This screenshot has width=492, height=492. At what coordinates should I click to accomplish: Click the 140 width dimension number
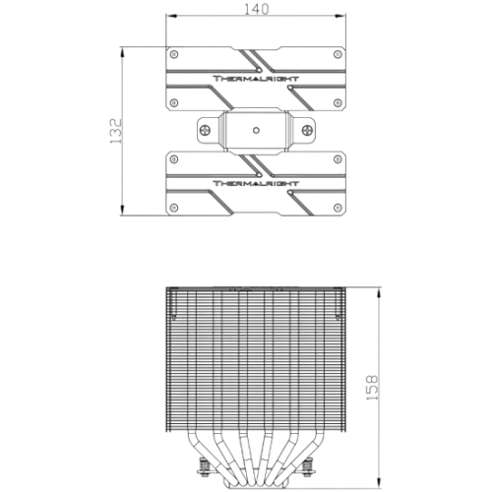[257, 9]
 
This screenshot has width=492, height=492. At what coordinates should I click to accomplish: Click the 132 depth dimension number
[115, 131]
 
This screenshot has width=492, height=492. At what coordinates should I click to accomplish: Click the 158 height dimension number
[372, 388]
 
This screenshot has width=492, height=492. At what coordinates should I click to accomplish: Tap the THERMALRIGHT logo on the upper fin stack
[256, 79]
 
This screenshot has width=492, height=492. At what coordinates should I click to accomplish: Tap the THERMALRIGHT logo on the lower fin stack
[256, 183]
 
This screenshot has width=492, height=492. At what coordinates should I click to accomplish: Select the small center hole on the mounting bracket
[256, 131]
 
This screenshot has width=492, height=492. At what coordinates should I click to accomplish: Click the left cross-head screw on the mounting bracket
[205, 130]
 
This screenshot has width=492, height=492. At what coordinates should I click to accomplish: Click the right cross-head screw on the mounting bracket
[307, 130]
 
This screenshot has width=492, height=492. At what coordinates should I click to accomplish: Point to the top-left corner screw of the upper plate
[174, 54]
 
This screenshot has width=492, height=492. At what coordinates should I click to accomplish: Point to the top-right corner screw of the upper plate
[338, 54]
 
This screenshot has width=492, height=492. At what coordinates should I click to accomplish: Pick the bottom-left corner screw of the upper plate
[174, 102]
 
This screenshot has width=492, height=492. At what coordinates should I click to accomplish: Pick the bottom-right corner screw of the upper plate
[338, 102]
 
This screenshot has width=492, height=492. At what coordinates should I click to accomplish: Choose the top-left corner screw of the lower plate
[174, 159]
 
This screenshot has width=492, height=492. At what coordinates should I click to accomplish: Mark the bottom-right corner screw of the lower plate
[338, 208]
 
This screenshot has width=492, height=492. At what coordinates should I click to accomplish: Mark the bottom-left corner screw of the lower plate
[174, 208]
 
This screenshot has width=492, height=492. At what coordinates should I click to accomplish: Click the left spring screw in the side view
[205, 467]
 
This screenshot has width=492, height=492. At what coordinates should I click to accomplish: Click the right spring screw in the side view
[308, 467]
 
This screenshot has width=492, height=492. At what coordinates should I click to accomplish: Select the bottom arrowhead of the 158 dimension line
[379, 482]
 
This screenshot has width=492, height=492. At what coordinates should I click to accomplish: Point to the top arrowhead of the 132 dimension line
[122, 52]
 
